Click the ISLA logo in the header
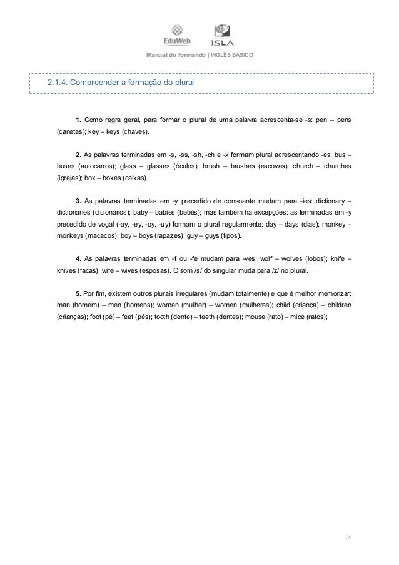point(222,35)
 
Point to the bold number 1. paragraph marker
point(79,121)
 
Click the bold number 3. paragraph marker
point(78,201)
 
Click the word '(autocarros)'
point(96,166)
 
